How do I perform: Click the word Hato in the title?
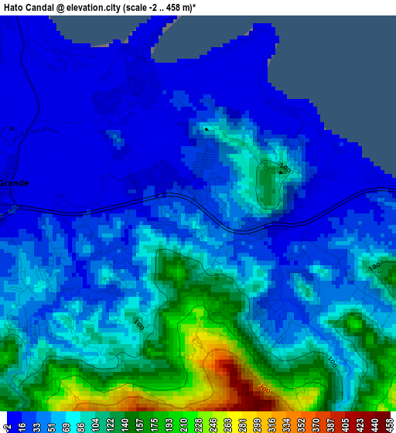tap(15, 7)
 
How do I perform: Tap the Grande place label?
tap(14, 183)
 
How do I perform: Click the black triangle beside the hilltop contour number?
tap(280, 172)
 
